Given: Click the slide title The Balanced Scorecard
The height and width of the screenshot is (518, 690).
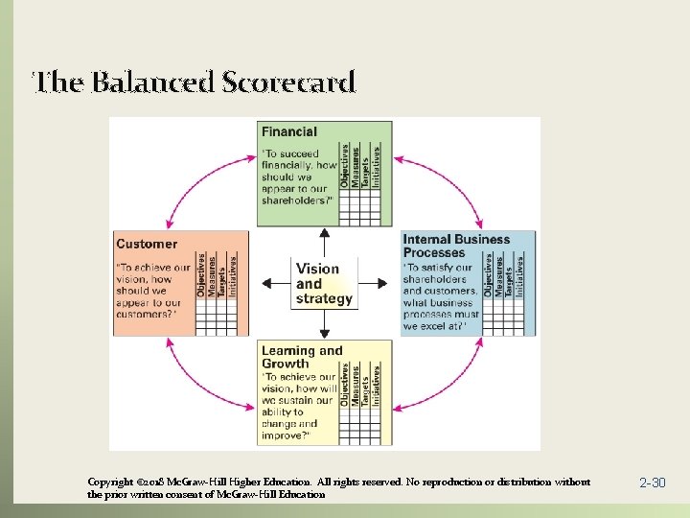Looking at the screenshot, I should tap(195, 82).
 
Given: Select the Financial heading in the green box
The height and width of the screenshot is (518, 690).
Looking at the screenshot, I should tap(289, 131).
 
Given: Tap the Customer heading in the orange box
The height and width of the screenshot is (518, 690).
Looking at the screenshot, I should tap(147, 244).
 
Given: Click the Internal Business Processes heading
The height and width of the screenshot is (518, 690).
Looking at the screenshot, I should tap(456, 246).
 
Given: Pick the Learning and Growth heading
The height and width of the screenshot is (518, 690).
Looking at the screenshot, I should tap(301, 357).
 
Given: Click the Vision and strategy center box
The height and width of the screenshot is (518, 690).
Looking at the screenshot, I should tap(324, 284).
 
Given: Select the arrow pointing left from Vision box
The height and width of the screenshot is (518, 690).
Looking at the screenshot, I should tap(276, 283).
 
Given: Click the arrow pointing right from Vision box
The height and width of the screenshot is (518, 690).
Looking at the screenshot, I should tap(379, 283).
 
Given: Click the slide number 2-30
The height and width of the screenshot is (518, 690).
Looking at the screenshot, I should tap(652, 483).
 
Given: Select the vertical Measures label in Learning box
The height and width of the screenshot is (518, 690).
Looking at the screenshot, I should tap(356, 386).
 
